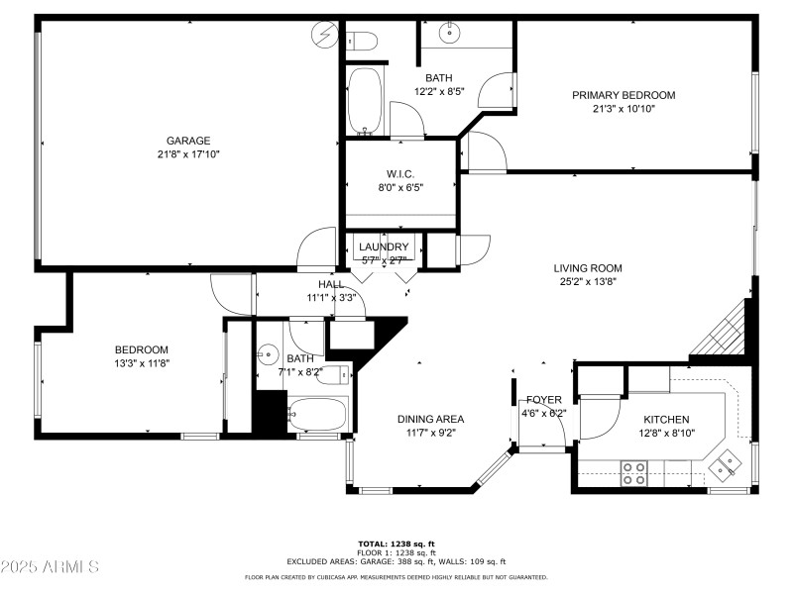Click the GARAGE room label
pyautogui.click(x=188, y=141)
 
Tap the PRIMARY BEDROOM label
pyautogui.click(x=623, y=95)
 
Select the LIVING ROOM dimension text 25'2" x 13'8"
pyautogui.click(x=588, y=281)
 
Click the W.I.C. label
pyautogui.click(x=400, y=174)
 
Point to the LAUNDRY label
pyautogui.click(x=384, y=247)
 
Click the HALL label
pyautogui.click(x=331, y=284)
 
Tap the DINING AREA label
pyautogui.click(x=430, y=419)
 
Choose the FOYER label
pyautogui.click(x=544, y=399)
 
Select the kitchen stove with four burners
pyautogui.click(x=633, y=473)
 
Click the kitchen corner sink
pyautogui.click(x=730, y=460)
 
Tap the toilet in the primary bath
pyautogui.click(x=364, y=41)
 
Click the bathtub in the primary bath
pyautogui.click(x=366, y=101)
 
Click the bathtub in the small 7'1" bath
pyautogui.click(x=316, y=416)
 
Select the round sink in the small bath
pyautogui.click(x=269, y=355)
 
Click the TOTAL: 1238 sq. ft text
pyautogui.click(x=396, y=544)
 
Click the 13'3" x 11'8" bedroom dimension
pyautogui.click(x=141, y=363)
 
